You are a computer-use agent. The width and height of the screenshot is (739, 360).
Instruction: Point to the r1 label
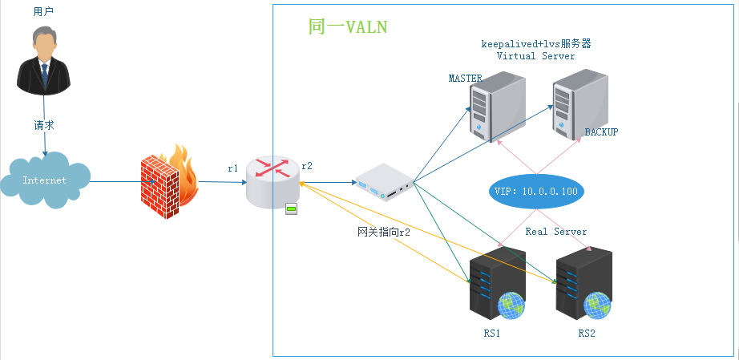[233, 168]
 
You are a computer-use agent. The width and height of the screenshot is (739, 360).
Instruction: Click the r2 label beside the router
[306, 165]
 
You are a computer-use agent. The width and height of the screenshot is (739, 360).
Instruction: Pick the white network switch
[384, 183]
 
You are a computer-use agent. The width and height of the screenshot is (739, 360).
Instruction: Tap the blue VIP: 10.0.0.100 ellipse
[535, 192]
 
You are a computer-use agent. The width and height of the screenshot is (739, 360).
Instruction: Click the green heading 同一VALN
[347, 27]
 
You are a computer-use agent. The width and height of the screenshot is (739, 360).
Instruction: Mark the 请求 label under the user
[44, 126]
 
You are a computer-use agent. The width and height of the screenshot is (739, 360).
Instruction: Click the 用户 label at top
[44, 11]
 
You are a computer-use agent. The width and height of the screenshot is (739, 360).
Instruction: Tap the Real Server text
[556, 232]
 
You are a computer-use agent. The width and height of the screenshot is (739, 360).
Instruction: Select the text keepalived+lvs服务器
[535, 43]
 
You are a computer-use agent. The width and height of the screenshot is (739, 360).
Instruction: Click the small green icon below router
[292, 209]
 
